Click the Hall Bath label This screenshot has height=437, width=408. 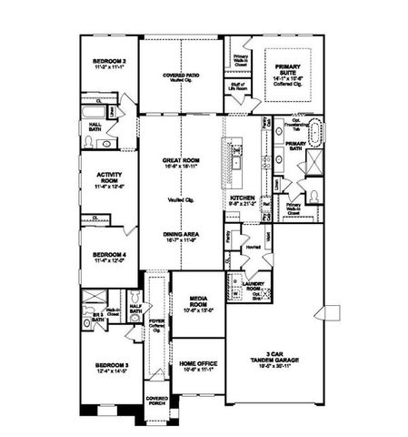(94, 129)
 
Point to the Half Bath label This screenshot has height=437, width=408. (135, 310)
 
